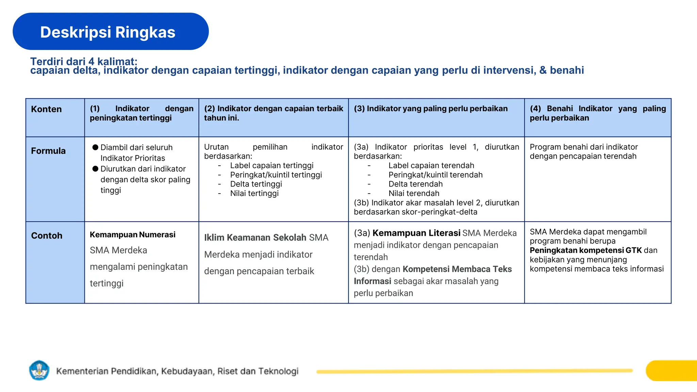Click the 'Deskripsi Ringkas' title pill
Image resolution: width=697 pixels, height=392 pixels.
coord(110,32)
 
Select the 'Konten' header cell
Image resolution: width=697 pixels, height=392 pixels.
coord(46,109)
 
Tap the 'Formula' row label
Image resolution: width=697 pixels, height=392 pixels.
coord(48,151)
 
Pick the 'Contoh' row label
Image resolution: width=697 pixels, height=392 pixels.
coord(47,235)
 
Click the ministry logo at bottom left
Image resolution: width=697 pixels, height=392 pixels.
coord(39,370)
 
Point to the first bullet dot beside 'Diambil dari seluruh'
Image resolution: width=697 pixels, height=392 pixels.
coord(95,147)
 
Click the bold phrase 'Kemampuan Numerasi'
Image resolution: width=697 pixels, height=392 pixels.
coord(132,234)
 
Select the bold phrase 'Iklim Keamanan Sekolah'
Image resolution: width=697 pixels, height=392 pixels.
coord(255,238)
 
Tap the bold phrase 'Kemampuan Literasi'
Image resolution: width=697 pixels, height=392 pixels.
coord(416,233)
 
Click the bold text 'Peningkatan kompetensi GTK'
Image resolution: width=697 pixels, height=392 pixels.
coord(585,250)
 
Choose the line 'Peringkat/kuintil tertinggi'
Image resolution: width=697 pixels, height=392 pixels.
coord(276,175)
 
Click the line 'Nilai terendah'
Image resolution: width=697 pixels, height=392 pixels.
coord(414,193)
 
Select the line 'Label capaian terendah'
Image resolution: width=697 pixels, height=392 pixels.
coord(431,165)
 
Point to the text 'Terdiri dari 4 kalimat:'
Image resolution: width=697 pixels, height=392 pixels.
coord(84,61)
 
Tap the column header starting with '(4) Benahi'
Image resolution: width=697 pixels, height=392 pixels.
coord(598,113)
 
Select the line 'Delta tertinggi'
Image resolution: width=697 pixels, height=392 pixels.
coord(256,184)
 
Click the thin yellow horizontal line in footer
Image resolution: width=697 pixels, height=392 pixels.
coord(474,371)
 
